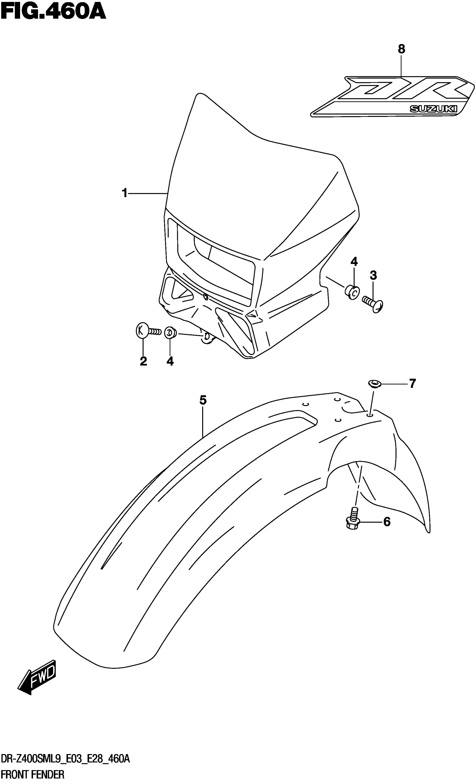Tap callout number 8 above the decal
[401, 49]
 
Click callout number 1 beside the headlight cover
[125, 193]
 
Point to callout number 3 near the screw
[373, 275]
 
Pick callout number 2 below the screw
[143, 361]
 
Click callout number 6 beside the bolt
[387, 522]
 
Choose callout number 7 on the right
[412, 384]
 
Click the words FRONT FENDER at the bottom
[33, 775]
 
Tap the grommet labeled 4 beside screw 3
[351, 292]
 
